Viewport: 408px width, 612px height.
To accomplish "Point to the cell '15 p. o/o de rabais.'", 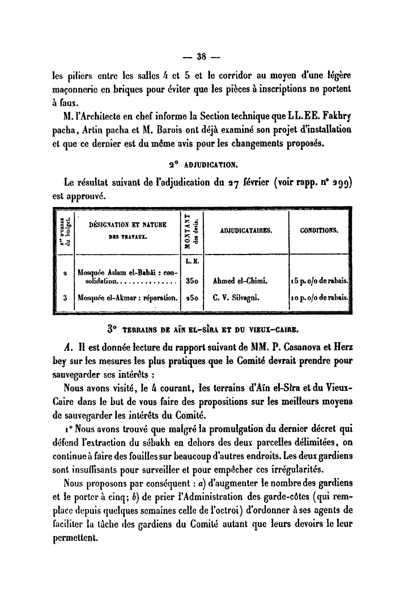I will click(321, 281).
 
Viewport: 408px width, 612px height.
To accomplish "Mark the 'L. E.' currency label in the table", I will click(191, 261).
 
